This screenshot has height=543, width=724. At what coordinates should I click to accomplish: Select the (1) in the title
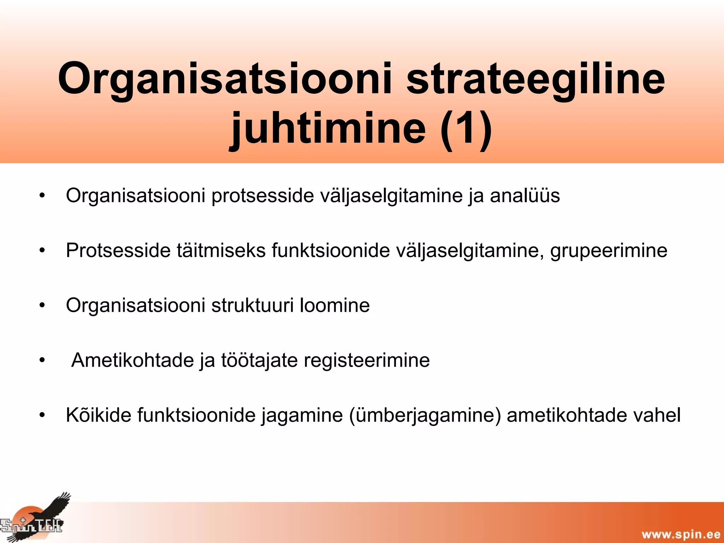(466, 128)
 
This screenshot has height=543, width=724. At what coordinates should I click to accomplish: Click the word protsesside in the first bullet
(263, 195)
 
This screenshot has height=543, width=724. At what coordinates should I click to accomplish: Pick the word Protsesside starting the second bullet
(118, 250)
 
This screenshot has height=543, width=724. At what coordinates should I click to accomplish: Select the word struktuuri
(252, 305)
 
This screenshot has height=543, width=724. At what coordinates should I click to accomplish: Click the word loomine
(334, 305)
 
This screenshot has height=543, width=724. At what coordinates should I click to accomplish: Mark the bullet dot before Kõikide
(42, 415)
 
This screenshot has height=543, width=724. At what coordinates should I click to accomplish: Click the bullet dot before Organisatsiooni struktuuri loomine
(42, 305)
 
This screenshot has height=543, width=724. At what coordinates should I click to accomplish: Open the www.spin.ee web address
(681, 534)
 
